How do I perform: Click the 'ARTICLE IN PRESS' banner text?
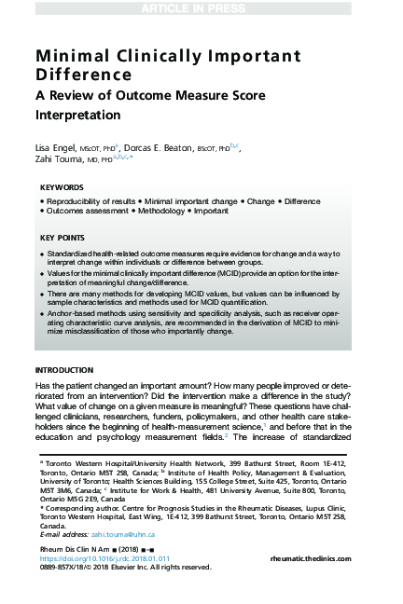[x=201, y=8]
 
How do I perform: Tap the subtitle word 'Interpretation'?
[x=78, y=116]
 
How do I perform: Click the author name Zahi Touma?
[x=59, y=159]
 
